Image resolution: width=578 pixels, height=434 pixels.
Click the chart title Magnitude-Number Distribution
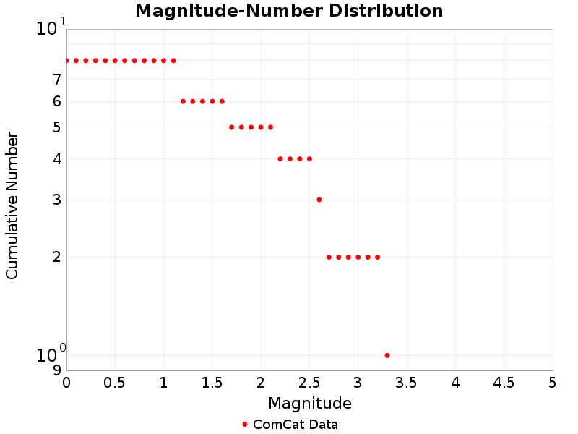tap(289, 11)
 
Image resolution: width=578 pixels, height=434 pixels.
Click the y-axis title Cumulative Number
tap(12, 205)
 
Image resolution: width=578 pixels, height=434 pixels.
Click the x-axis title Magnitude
tap(309, 403)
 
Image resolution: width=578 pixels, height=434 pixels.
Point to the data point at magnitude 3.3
tap(387, 355)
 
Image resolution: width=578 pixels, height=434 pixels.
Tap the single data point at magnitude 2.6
tap(319, 200)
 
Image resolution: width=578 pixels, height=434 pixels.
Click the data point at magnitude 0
tap(66, 61)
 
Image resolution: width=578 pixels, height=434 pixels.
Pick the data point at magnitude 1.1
tap(173, 61)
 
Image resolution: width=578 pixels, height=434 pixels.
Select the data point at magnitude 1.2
tap(183, 101)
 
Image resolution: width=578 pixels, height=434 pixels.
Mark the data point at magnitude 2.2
tap(280, 158)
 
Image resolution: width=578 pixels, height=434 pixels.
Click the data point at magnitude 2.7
tap(329, 257)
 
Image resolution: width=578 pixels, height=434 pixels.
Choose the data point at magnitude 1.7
tap(232, 127)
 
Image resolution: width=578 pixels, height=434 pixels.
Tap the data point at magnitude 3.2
tap(377, 257)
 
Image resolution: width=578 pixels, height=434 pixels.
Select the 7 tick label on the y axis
tap(56, 80)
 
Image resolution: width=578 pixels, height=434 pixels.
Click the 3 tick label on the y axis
tap(56, 200)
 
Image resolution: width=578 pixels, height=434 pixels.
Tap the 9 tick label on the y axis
tap(56, 370)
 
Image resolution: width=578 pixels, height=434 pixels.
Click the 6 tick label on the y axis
tap(56, 101)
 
